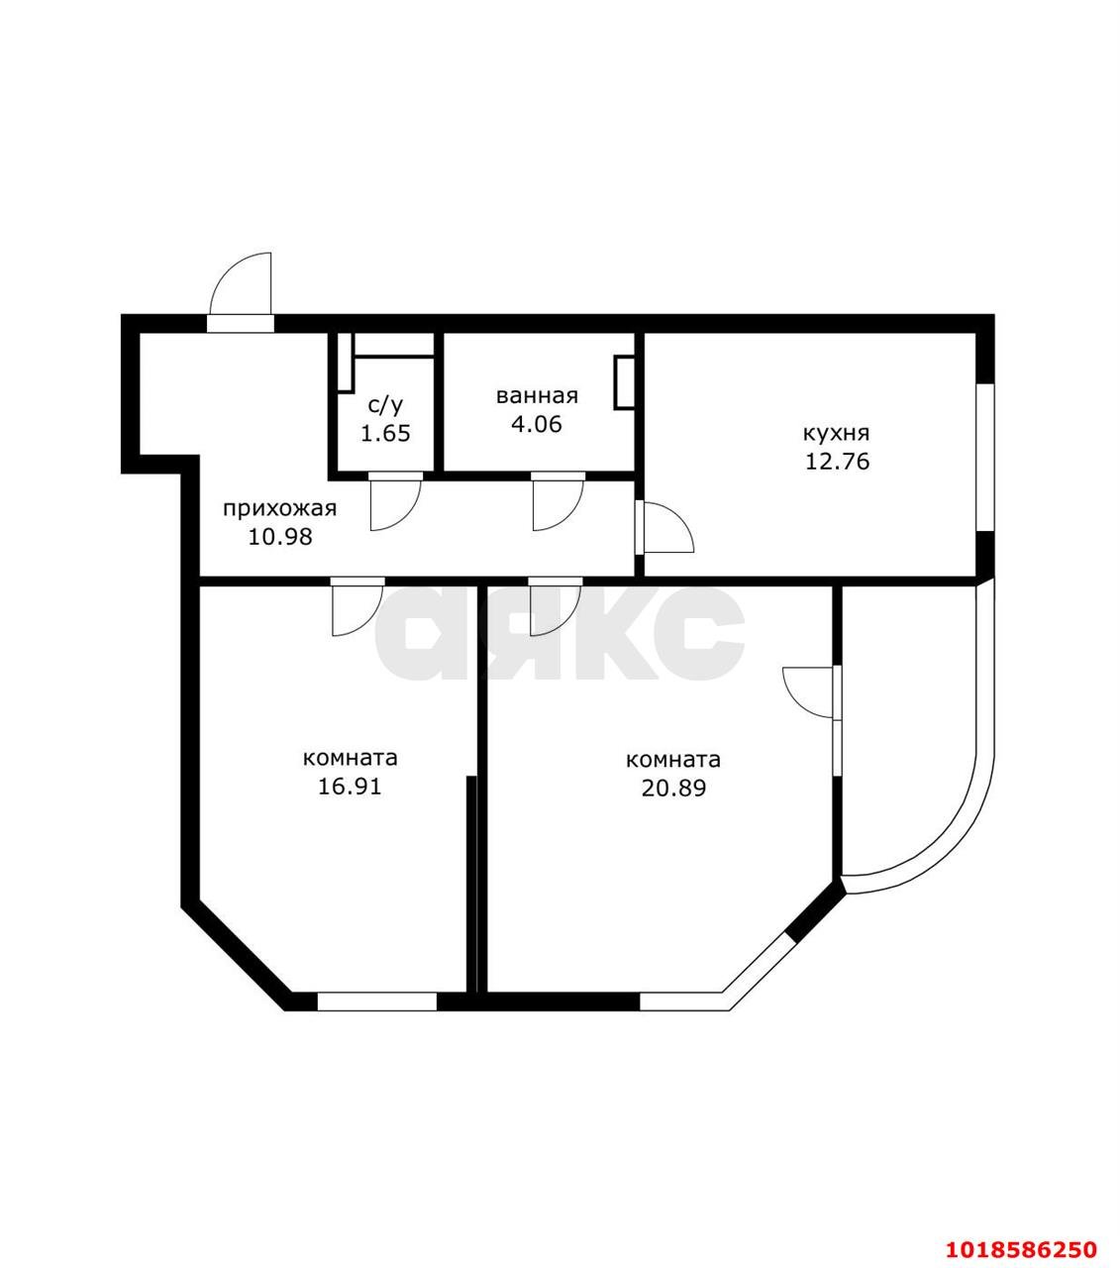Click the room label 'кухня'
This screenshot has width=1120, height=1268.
[x=836, y=433]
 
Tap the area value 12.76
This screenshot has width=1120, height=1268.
[x=837, y=462]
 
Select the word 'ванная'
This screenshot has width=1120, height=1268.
[x=537, y=395]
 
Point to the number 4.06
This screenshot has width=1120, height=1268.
[x=537, y=424]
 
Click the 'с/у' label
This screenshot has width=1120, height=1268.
[x=385, y=405]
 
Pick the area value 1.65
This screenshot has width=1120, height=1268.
[x=385, y=433]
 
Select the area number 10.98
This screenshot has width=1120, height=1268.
[x=280, y=537]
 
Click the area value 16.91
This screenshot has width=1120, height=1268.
[x=350, y=787]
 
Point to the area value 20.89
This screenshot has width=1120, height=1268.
[x=673, y=788]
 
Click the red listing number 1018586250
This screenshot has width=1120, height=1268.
[x=1021, y=1232]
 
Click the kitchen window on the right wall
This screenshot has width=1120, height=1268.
[x=985, y=458]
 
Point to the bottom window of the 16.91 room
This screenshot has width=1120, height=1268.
[x=376, y=1002]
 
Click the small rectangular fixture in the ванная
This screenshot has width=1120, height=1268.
[x=625, y=382]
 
